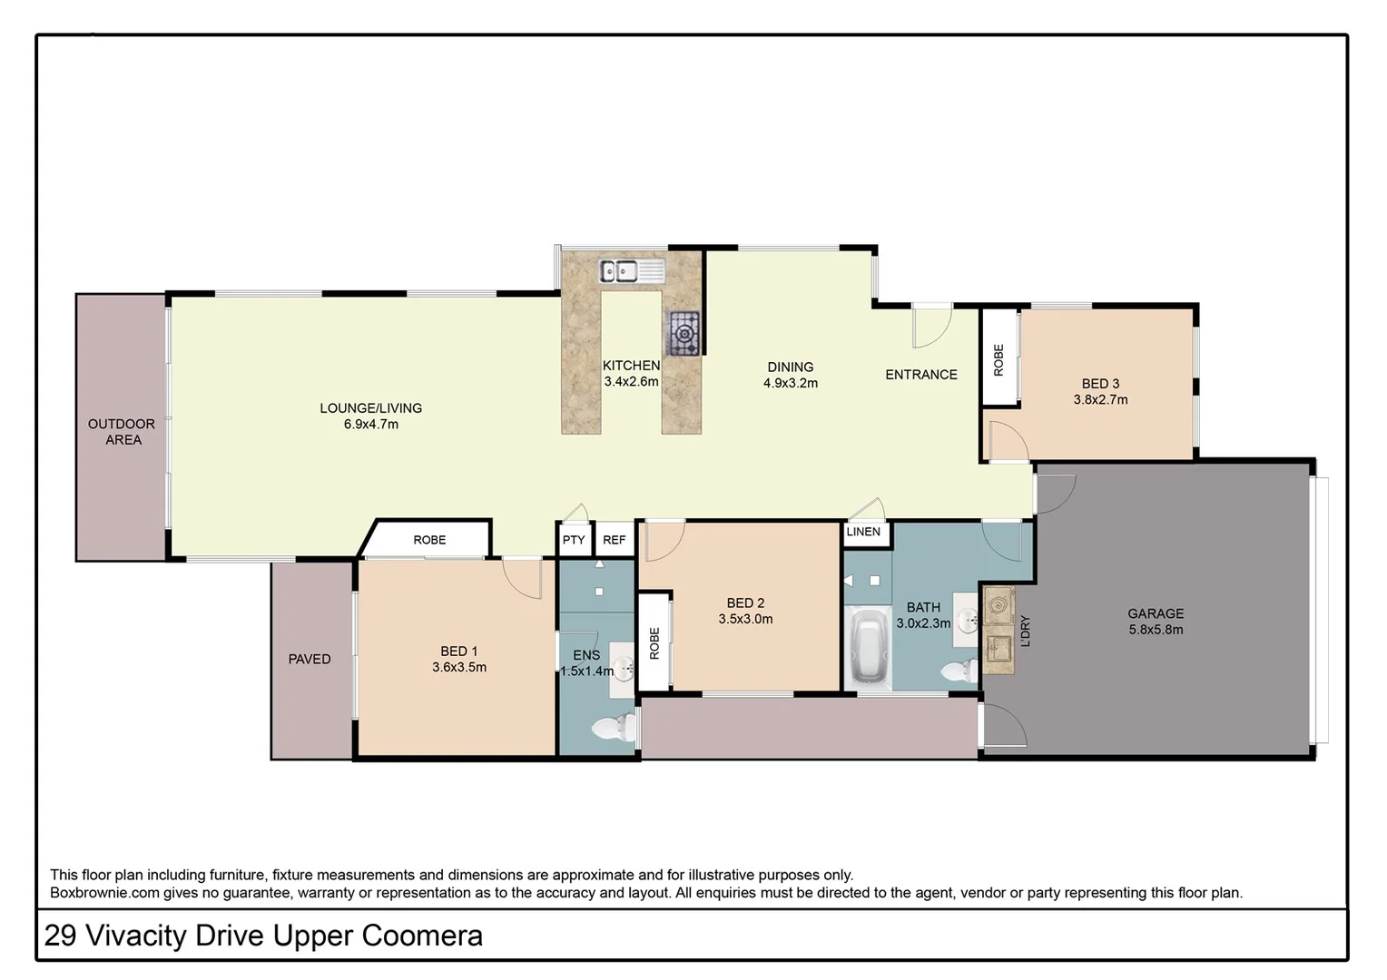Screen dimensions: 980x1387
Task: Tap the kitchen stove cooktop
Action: [684, 333]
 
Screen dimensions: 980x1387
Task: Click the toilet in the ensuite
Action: [615, 728]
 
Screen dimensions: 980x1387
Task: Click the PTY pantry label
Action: [574, 540]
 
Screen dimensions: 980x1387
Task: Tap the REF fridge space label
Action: [615, 540]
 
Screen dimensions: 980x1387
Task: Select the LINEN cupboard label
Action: [863, 532]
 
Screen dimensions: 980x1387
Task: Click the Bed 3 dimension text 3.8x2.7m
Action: [1100, 400]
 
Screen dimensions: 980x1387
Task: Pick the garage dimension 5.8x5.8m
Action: [1156, 630]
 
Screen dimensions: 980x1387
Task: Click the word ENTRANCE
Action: [921, 375]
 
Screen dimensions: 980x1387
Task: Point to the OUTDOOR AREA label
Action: [122, 432]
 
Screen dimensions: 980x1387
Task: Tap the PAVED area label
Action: [310, 660]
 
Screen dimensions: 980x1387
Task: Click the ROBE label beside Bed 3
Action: [999, 360]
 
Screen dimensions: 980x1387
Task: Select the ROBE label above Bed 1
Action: [429, 540]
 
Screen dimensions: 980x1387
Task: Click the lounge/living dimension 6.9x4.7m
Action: [370, 425]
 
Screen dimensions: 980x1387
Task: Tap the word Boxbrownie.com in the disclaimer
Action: [104, 893]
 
